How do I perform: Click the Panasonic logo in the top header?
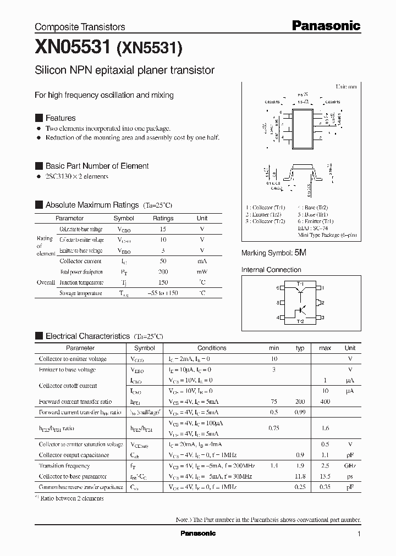pos(326,25)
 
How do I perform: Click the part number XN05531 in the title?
pos(73,48)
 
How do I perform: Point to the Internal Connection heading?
pos(271,270)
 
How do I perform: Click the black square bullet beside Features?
pos(38,118)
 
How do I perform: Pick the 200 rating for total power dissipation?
pos(163,272)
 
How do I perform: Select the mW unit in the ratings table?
pos(202,272)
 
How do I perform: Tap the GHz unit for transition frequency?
pos(350,466)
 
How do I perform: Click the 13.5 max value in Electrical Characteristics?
pos(325,476)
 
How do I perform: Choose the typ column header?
pos(300,348)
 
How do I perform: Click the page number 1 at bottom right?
pos(359,534)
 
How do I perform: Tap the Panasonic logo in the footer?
pos(198,533)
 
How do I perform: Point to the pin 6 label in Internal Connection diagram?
pos(278,287)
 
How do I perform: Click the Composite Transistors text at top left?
pos(80,26)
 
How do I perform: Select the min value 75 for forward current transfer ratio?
pos(274,402)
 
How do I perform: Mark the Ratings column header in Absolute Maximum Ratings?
pos(163,218)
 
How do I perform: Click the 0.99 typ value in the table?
pos(300,412)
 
